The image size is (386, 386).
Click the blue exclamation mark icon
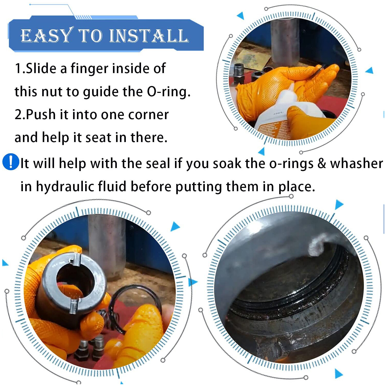pos(11,162)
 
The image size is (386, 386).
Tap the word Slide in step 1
pos(41,68)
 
